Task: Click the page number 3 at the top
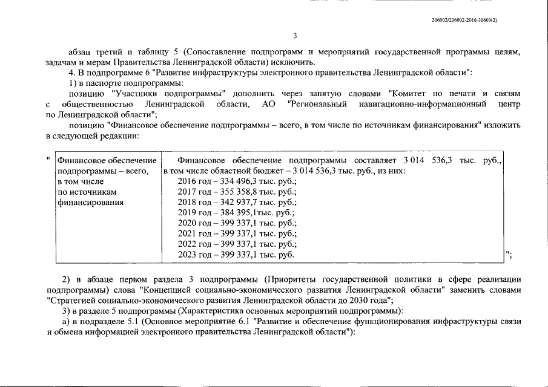(x=294, y=35)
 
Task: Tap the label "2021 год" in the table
(x=193, y=233)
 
